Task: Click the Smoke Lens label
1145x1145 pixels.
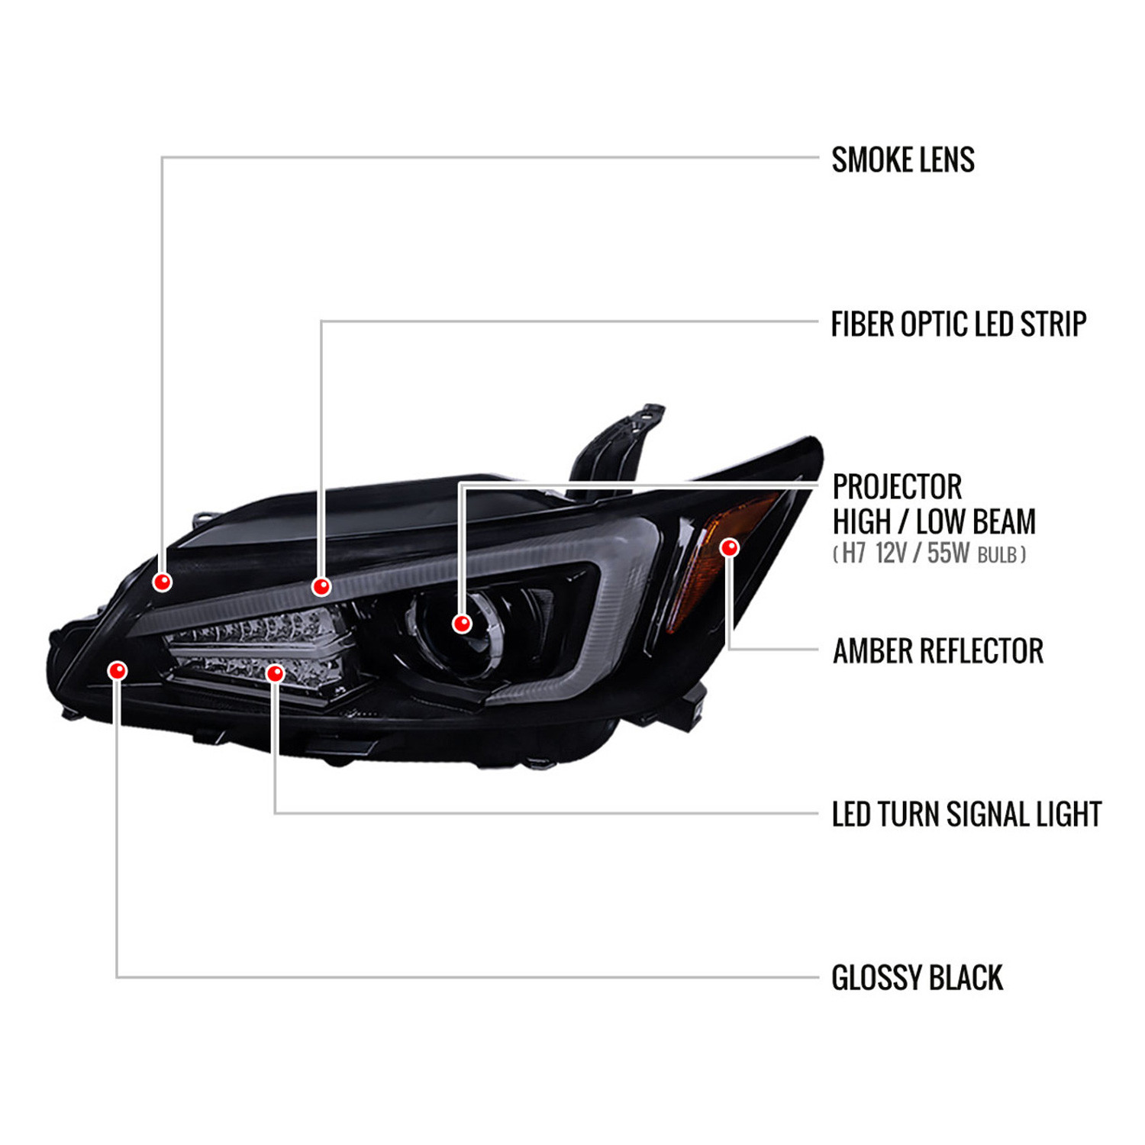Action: point(903,160)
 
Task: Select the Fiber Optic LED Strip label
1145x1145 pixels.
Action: point(959,324)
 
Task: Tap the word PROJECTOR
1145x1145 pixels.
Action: point(897,487)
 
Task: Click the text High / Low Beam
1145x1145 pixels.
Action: point(934,522)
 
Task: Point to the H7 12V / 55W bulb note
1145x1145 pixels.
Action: point(930,553)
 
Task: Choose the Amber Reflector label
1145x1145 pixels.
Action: point(938,651)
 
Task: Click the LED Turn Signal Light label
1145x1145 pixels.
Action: point(967,814)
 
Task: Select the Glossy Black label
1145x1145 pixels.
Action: point(917,979)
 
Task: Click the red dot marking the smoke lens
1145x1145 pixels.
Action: point(162,582)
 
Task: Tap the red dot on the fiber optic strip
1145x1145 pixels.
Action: point(321,586)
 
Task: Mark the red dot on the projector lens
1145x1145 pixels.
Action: point(461,624)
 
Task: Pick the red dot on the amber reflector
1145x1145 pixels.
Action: point(730,547)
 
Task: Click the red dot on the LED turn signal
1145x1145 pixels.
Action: point(275,672)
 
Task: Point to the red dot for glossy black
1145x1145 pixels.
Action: point(118,670)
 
